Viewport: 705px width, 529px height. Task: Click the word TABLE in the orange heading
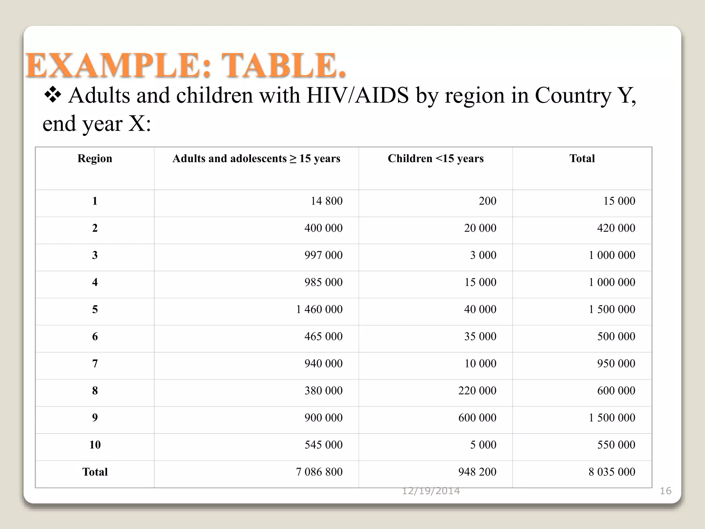tap(283, 65)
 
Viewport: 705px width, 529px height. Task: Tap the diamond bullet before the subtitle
tap(53, 95)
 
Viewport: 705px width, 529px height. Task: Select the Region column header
tap(95, 158)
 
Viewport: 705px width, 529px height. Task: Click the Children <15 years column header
tap(435, 158)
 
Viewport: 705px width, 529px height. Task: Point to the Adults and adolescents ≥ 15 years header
tap(256, 158)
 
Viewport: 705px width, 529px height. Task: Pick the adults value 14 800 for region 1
tap(326, 201)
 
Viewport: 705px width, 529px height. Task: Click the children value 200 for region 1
tap(487, 201)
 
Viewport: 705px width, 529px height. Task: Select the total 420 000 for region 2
tap(616, 228)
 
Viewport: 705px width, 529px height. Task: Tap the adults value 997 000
tap(323, 255)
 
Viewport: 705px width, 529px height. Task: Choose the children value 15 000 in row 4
tap(480, 282)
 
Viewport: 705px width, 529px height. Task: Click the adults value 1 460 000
tap(319, 309)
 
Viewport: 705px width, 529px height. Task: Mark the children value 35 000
tap(480, 336)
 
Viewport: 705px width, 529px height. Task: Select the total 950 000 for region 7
tap(616, 363)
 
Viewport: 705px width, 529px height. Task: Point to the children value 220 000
tap(477, 391)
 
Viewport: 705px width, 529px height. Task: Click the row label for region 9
tap(95, 418)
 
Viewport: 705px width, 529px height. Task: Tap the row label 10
tap(95, 445)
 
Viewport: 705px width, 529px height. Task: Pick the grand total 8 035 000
tap(612, 472)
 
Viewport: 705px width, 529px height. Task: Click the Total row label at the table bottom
tap(95, 472)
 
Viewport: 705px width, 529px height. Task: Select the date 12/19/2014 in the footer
tap(431, 491)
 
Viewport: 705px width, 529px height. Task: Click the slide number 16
tap(665, 491)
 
